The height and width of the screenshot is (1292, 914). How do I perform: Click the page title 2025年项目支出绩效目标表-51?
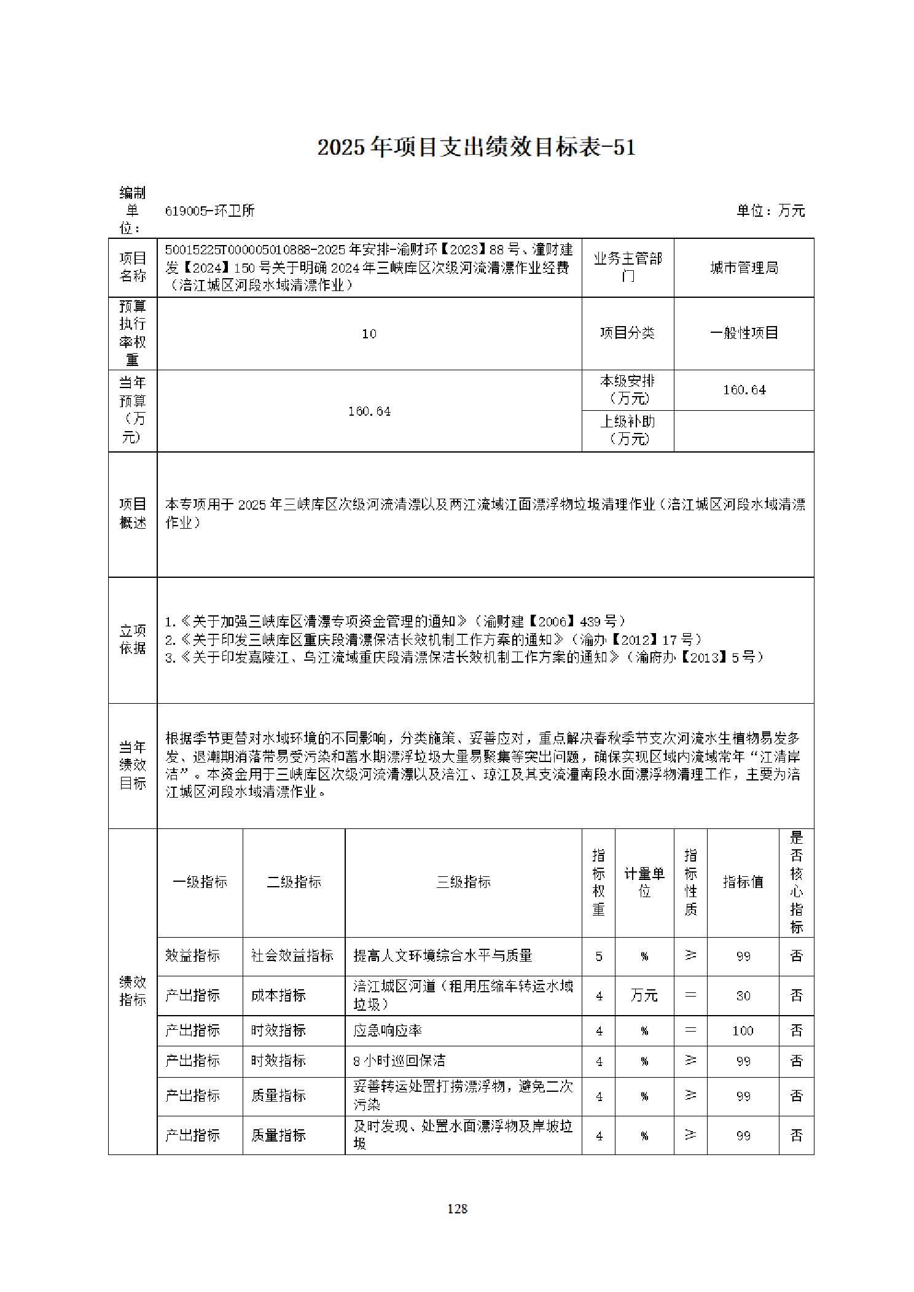[x=476, y=148]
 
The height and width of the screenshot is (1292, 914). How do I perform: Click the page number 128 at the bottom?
[x=458, y=1208]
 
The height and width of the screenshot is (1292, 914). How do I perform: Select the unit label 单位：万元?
[x=770, y=211]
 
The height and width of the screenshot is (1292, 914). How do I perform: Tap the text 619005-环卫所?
[x=210, y=211]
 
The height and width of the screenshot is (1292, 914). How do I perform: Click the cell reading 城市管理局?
[x=744, y=268]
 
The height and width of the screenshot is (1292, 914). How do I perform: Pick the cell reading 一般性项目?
[x=744, y=333]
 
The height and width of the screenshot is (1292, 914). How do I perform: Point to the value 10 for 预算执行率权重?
[x=369, y=333]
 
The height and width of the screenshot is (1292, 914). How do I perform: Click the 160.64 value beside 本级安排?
[x=744, y=390]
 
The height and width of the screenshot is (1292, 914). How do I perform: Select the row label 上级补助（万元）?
[x=627, y=430]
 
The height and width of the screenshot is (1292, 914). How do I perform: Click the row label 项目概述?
[x=133, y=513]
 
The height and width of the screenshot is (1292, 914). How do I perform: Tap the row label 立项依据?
[x=133, y=639]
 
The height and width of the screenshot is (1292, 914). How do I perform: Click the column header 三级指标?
[x=463, y=882]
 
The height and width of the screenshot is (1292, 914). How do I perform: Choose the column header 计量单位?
[x=644, y=882]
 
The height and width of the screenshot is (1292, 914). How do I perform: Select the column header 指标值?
[x=743, y=882]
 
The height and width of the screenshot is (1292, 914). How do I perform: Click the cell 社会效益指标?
[x=292, y=955]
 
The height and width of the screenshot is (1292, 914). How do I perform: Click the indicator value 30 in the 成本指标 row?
[x=743, y=995]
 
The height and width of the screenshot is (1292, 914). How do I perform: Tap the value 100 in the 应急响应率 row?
[x=743, y=1030]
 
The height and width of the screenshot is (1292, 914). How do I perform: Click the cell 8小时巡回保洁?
[x=399, y=1060]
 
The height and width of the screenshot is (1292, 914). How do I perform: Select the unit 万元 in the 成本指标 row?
[x=644, y=995]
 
